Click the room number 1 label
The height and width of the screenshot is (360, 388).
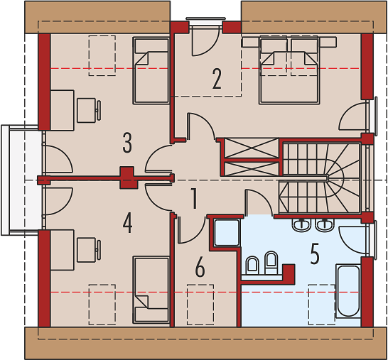(195, 199)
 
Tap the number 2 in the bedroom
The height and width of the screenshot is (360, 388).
(217, 79)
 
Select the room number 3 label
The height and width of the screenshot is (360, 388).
(127, 143)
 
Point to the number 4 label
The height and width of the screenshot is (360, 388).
(127, 223)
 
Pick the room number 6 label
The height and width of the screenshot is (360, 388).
(200, 267)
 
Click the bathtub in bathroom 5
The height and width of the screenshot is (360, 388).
(348, 291)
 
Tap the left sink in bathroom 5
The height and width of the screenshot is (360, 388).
(301, 225)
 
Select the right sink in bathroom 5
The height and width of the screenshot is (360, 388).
(325, 225)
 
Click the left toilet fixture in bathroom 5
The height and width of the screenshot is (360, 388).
(252, 266)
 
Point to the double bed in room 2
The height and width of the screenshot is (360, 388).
(289, 70)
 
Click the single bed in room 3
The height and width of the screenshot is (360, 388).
(151, 70)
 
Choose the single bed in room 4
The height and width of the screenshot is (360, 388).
(151, 290)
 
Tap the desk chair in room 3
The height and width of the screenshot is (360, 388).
(89, 110)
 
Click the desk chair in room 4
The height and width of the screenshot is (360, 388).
(89, 250)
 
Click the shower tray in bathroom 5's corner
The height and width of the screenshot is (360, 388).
(227, 233)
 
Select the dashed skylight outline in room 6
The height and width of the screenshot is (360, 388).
(200, 305)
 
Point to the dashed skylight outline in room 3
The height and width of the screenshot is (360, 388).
(102, 55)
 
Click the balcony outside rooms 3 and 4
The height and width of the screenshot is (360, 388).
(22, 180)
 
